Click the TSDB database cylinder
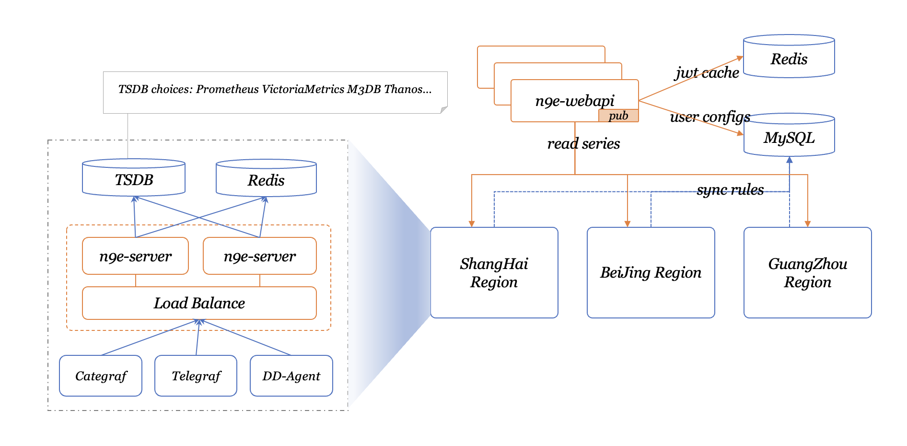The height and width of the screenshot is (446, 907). pyautogui.click(x=134, y=178)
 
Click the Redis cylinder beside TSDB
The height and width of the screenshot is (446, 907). pyautogui.click(x=266, y=179)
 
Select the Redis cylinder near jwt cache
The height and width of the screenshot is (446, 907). pyautogui.click(x=789, y=58)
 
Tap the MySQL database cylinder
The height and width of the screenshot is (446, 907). pyautogui.click(x=789, y=137)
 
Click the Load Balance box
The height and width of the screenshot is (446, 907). pyautogui.click(x=199, y=303)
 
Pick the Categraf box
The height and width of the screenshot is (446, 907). pyautogui.click(x=101, y=376)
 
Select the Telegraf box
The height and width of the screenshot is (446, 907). pyautogui.click(x=196, y=376)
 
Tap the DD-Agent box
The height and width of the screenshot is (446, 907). pyautogui.click(x=291, y=376)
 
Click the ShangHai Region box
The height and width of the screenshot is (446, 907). pyautogui.click(x=494, y=272)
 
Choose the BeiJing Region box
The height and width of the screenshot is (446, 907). pyautogui.click(x=651, y=272)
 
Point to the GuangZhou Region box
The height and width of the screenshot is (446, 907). pyautogui.click(x=807, y=272)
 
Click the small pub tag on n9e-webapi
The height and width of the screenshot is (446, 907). pyautogui.click(x=618, y=116)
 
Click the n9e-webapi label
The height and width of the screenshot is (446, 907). pyautogui.click(x=574, y=101)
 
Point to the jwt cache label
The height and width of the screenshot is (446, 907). pyautogui.click(x=707, y=72)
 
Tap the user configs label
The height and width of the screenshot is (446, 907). pyautogui.click(x=710, y=117)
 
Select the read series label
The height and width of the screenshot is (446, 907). pyautogui.click(x=583, y=143)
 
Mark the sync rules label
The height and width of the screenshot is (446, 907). pyautogui.click(x=730, y=189)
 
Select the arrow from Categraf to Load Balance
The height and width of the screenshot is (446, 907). pyautogui.click(x=149, y=338)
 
